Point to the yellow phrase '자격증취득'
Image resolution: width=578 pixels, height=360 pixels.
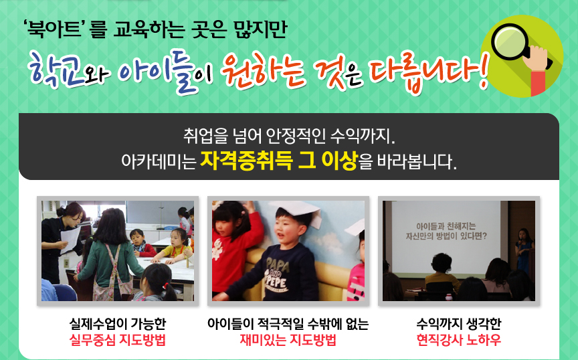coord(246,161)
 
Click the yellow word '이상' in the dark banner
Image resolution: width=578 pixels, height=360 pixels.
coord(339,161)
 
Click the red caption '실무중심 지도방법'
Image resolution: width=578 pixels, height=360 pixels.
coord(118,340)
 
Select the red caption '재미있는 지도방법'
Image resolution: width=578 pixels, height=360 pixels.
coord(288,340)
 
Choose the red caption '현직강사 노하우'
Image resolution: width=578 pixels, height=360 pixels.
coord(458,340)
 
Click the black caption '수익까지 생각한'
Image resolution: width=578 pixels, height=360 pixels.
coord(458,324)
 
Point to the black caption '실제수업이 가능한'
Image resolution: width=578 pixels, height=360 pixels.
coord(118,324)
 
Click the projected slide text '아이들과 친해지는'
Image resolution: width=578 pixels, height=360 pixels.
coord(446,226)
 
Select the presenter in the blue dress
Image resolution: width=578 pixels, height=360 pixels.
coord(524,251)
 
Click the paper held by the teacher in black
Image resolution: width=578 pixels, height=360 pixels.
coord(70,239)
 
